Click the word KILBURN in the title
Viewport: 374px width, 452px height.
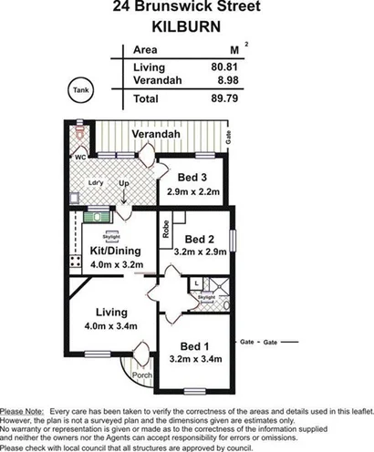click(185, 26)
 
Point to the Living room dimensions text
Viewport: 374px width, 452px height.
click(112, 325)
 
